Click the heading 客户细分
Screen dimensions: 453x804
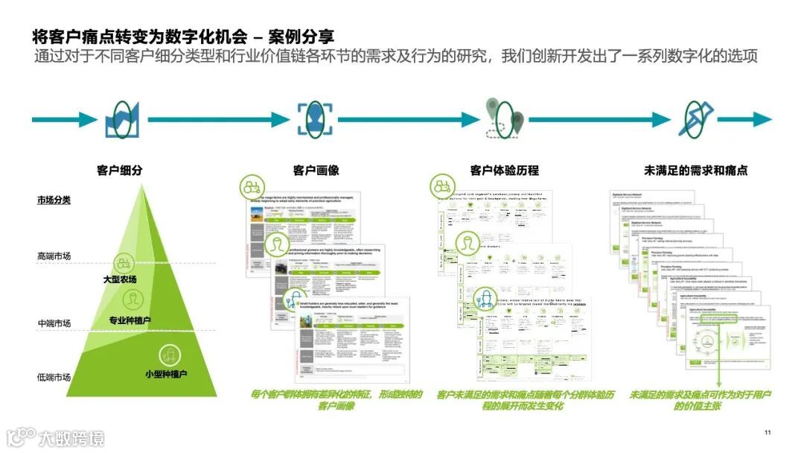(119, 171)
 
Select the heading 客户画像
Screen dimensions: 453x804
(316, 171)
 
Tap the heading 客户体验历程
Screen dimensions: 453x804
(504, 171)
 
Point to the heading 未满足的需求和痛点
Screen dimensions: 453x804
(685, 171)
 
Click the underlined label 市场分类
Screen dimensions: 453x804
(54, 200)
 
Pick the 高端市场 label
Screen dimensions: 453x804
(54, 256)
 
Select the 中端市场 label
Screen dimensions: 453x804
(54, 323)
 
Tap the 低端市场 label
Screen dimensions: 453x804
(54, 377)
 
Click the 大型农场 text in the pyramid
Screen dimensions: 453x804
(120, 279)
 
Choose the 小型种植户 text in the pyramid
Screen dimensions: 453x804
(165, 373)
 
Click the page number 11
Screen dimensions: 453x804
(768, 433)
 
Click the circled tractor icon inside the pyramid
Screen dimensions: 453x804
(123, 262)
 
